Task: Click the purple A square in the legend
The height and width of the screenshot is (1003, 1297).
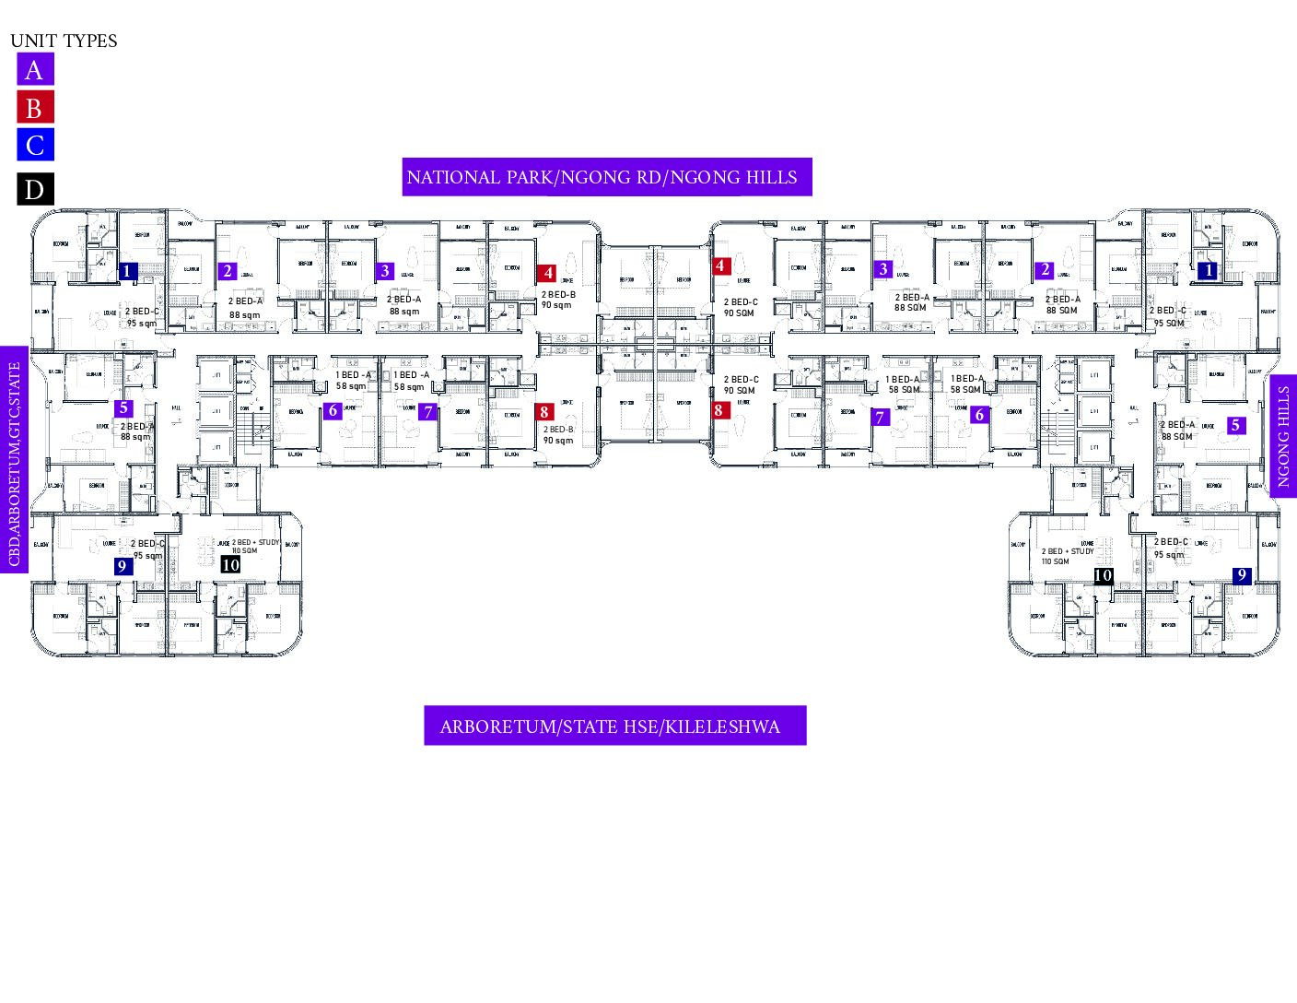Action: click(35, 69)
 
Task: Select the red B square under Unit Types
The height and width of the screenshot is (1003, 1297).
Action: click(35, 108)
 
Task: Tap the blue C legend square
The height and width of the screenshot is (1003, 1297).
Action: click(35, 145)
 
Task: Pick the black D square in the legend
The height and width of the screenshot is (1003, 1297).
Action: click(35, 189)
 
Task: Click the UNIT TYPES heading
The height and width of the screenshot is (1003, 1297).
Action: click(64, 41)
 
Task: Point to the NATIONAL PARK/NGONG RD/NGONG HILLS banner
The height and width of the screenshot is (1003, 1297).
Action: click(606, 177)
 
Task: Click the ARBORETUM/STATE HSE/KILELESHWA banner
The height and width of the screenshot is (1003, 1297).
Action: click(614, 726)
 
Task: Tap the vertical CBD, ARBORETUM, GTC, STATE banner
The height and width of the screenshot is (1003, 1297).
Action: click(14, 459)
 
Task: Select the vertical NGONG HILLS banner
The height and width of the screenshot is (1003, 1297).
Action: click(1283, 435)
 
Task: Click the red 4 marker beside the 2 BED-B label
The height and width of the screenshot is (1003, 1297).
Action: click(548, 273)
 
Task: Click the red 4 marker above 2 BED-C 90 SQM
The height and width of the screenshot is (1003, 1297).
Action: click(720, 266)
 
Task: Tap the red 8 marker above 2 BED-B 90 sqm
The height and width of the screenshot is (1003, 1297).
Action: click(544, 412)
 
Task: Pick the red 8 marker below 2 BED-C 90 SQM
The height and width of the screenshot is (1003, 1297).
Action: click(719, 410)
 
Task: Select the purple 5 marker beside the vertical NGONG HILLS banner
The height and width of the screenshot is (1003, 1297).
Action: click(1235, 426)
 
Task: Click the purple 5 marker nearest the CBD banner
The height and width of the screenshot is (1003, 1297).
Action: click(123, 408)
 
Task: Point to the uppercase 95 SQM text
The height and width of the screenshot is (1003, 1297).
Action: click(1169, 324)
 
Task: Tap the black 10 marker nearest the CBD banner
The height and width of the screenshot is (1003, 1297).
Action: click(230, 564)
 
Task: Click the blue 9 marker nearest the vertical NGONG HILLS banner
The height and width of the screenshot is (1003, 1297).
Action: click(1242, 576)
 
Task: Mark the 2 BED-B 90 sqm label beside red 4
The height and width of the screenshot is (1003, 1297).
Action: click(557, 300)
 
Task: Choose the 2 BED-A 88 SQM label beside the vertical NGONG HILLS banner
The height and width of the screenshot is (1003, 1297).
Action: click(1176, 431)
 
